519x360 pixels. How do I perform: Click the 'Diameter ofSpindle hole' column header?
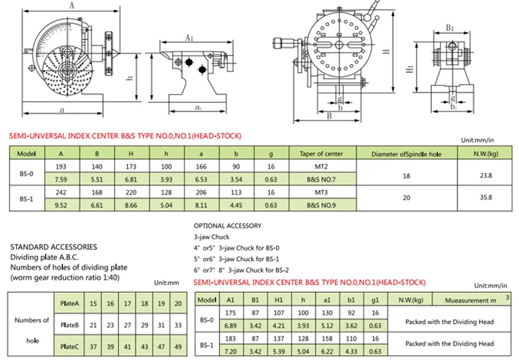406,153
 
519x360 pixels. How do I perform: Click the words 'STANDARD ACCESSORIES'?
54,246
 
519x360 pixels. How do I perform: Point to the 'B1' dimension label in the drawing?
449,28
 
